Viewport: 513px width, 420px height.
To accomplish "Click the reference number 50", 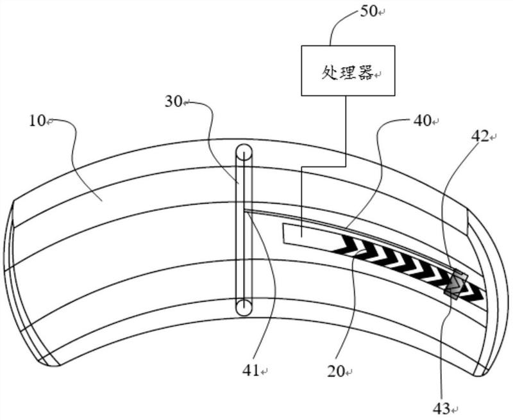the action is coord(369,12).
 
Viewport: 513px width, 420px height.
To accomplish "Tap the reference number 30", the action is coord(173,102).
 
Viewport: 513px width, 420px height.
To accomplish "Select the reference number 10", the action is coord(37,121).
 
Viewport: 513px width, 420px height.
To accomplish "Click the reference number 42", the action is coord(480,136).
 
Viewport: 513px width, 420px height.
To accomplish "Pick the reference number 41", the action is coord(251,371).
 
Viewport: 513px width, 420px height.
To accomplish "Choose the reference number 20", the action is coord(336,371).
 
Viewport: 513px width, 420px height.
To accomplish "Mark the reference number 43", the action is coord(441,408).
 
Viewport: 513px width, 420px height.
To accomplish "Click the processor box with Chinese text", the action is coord(348,70).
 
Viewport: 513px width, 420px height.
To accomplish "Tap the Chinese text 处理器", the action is coord(348,72).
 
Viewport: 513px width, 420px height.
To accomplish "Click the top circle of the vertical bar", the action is coord(244,152).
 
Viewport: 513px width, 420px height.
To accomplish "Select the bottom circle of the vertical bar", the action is coord(244,307).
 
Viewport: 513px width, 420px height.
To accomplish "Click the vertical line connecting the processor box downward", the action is coord(346,131).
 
